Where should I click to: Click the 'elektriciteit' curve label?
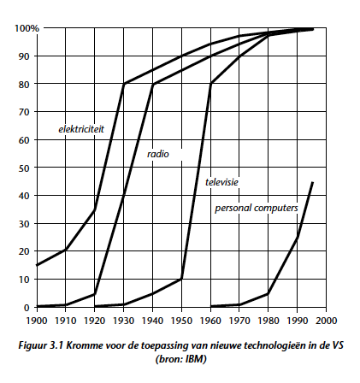pyautogui.click(x=81, y=129)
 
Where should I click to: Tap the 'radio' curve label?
pyautogui.click(x=158, y=154)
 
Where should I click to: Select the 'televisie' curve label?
pyautogui.click(x=221, y=182)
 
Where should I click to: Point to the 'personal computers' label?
pyautogui.click(x=257, y=208)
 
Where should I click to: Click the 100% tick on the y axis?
pyautogui.click(x=27, y=28)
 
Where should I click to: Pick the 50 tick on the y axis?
pyautogui.click(x=24, y=168)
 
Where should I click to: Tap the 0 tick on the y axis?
pyautogui.click(x=27, y=308)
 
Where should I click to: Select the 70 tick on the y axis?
pyautogui.click(x=24, y=112)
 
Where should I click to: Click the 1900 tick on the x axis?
pyautogui.click(x=37, y=321)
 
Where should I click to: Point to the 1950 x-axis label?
pyautogui.click(x=181, y=321)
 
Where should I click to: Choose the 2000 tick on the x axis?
pyautogui.click(x=326, y=321)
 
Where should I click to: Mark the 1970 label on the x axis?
pyautogui.click(x=239, y=321)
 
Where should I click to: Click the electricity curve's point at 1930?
pyautogui.click(x=124, y=84)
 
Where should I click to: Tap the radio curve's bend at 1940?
pyautogui.click(x=153, y=84)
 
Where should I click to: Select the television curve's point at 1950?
pyautogui.click(x=181, y=279)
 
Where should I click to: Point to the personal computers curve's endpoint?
pyautogui.click(x=313, y=182)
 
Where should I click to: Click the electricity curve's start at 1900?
pyautogui.click(x=37, y=265)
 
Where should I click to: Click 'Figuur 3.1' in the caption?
pyautogui.click(x=41, y=345)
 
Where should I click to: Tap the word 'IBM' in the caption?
pyautogui.click(x=196, y=359)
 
